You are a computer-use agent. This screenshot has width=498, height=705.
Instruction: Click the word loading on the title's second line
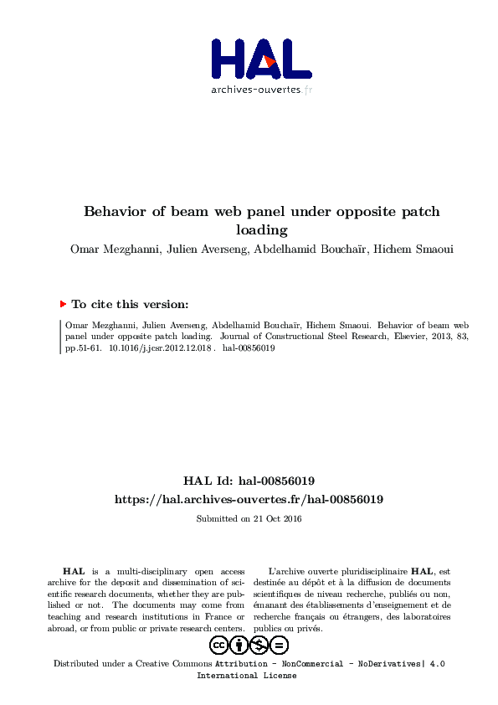tap(261, 230)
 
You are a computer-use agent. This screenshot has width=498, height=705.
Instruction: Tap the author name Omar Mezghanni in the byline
tap(113, 250)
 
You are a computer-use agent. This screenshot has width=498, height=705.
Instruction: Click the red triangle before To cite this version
tap(63, 305)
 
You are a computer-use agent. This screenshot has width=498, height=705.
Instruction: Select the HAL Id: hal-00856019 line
tap(249, 481)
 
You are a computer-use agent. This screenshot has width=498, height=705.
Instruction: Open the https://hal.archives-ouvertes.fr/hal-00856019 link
tap(249, 499)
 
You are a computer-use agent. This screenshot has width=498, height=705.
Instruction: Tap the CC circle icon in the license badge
tap(219, 646)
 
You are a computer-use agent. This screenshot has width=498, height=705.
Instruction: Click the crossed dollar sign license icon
tap(259, 646)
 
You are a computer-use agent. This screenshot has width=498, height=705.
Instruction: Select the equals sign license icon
tap(280, 646)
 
